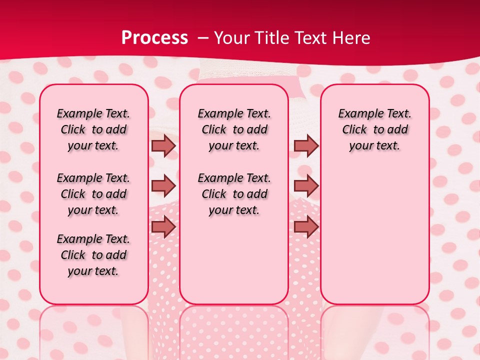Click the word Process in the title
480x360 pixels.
pos(154,38)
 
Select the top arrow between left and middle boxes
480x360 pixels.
pos(163,145)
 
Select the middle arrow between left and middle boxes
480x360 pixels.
pos(163,185)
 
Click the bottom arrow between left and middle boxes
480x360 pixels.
pos(163,226)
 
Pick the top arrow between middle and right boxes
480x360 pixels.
pos(306,145)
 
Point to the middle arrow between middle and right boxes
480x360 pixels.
pos(306,185)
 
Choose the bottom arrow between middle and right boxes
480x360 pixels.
pos(306,226)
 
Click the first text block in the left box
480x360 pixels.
pos(93,129)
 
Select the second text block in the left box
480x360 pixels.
pos(93,194)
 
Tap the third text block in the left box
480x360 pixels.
pos(93,255)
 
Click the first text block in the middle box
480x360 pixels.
pos(234,129)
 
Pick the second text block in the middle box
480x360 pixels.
pos(234,194)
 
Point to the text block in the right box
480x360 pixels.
pos(374,129)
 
